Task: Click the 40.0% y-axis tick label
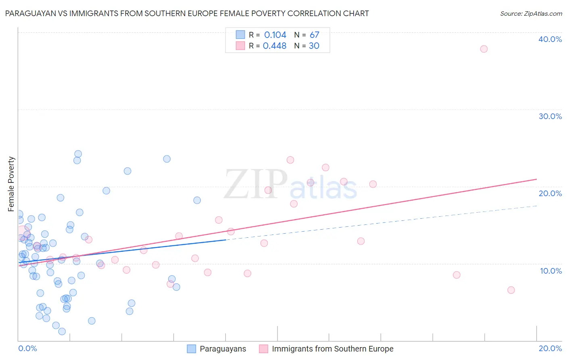550,39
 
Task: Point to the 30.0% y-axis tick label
550,116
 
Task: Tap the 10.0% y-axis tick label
551,271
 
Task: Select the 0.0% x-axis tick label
27,348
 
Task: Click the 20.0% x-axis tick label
550,348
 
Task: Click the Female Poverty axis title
11,184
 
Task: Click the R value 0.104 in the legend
275,35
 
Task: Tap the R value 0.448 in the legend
275,46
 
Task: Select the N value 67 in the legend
314,35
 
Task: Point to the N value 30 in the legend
314,46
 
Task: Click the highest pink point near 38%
484,49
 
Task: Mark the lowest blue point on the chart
62,331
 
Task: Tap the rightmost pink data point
511,290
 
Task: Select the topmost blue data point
78,154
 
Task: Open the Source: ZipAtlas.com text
531,13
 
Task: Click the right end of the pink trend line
536,179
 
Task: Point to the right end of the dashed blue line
536,206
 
